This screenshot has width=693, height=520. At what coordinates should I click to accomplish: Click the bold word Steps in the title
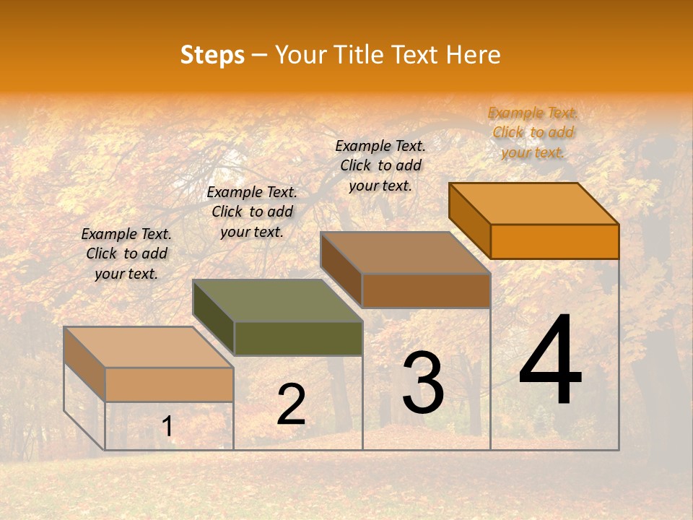[212, 55]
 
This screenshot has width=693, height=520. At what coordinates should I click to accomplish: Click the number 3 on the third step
[423, 383]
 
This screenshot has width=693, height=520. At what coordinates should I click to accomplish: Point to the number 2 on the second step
[291, 404]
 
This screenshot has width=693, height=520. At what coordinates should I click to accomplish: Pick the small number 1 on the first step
[167, 427]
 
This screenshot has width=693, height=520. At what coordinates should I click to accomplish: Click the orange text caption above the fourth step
[533, 132]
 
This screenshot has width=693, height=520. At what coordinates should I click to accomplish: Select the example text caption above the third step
[380, 165]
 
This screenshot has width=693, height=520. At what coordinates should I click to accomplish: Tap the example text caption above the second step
[252, 212]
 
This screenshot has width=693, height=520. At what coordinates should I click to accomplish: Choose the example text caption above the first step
[126, 253]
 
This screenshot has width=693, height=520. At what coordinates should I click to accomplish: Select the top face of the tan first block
[149, 347]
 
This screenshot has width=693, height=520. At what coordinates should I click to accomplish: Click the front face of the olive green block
[298, 338]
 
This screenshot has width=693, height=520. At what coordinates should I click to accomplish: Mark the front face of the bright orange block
[554, 241]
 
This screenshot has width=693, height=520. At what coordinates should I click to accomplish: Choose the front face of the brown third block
[426, 290]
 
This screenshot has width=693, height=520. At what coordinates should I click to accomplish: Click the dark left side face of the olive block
[214, 318]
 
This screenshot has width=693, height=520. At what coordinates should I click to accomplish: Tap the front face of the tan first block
[169, 384]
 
